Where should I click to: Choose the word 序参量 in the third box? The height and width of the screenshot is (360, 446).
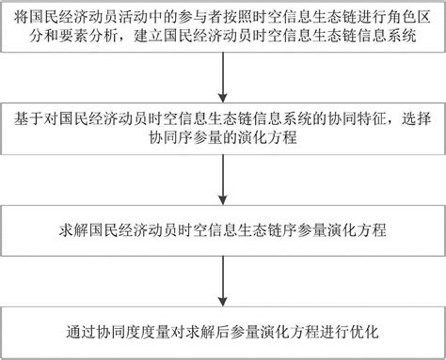tap(303, 228)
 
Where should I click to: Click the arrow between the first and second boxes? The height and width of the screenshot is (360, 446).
tap(223, 83)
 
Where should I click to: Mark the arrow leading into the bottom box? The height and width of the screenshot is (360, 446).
tap(223, 283)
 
